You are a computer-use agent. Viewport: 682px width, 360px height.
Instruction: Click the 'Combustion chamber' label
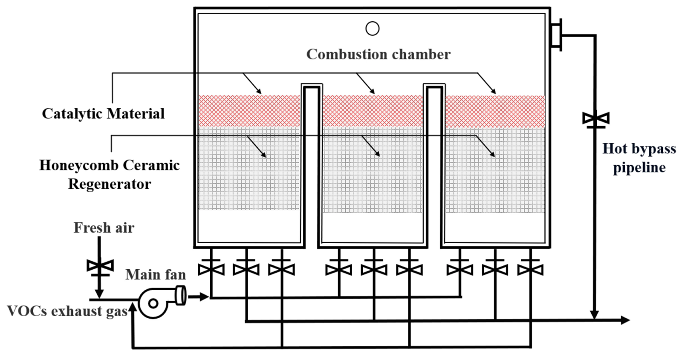click(x=378, y=55)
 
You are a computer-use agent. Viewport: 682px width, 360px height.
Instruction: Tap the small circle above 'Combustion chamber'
click(x=373, y=29)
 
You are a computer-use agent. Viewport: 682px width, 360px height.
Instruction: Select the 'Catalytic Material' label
click(x=103, y=114)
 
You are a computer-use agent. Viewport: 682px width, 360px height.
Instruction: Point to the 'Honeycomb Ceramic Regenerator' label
click(x=110, y=174)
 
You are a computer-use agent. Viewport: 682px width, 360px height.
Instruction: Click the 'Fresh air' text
click(x=104, y=228)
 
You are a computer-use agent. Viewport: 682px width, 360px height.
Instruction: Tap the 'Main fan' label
click(x=156, y=275)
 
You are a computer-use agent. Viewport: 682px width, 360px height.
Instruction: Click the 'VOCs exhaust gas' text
click(x=67, y=311)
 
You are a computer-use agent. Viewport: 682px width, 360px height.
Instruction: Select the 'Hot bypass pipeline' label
click(x=639, y=158)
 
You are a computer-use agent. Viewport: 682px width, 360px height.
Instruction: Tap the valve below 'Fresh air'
click(x=100, y=267)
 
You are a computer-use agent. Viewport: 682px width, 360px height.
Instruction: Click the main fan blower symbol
click(x=156, y=302)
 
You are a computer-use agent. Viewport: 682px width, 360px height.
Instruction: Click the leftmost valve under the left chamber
click(x=211, y=269)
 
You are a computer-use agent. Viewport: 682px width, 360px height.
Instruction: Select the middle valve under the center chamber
click(x=374, y=269)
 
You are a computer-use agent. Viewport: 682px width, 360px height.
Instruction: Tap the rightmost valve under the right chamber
click(x=530, y=269)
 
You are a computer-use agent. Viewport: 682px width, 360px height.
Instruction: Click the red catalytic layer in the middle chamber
click(x=373, y=111)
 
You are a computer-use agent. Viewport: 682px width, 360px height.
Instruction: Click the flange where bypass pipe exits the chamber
click(x=556, y=35)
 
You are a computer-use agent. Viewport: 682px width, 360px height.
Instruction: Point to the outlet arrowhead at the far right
click(x=625, y=320)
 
